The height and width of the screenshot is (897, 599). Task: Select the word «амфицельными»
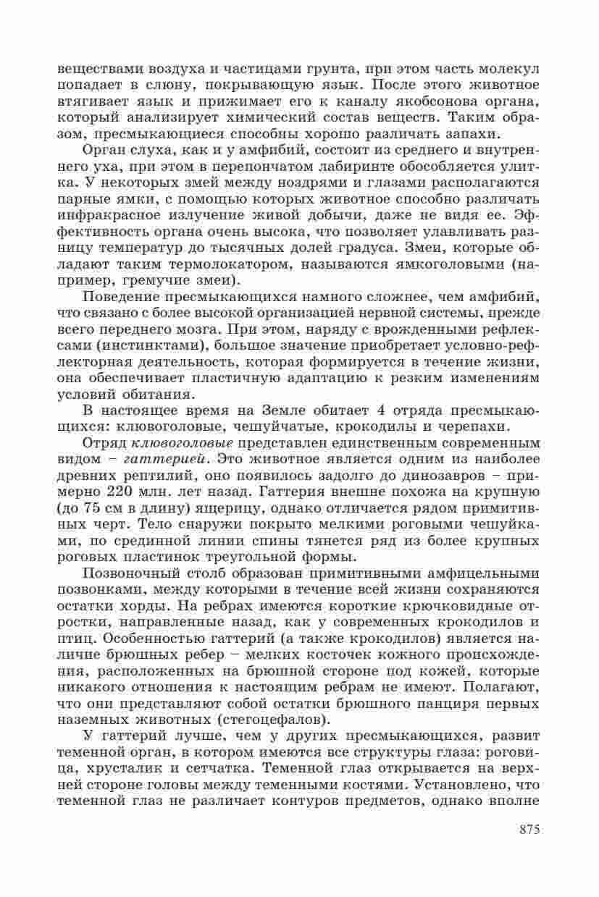[466, 573]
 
